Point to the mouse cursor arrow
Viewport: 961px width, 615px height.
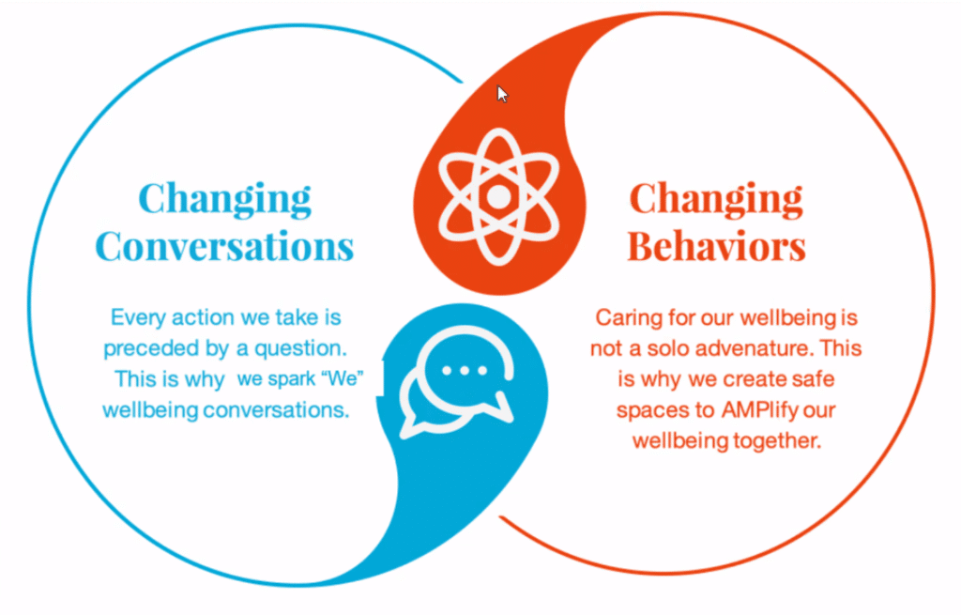pos(502,94)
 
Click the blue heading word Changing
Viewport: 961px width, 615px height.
pos(225,198)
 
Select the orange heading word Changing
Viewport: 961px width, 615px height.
pos(716,198)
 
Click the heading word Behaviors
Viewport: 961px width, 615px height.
pos(716,246)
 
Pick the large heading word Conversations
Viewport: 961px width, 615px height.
pos(225,246)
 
